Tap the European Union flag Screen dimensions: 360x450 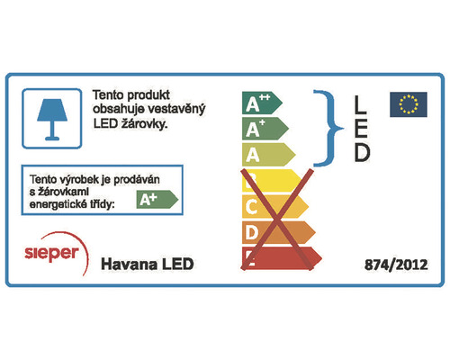pyautogui.click(x=408, y=104)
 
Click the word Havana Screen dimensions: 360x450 pyautogui.click(x=125, y=264)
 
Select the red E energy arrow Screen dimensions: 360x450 pyautogui.click(x=283, y=258)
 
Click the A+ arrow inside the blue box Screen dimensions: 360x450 pyautogui.click(x=156, y=199)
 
